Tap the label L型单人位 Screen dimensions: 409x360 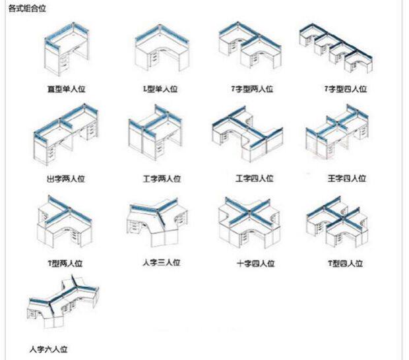click(x=160, y=88)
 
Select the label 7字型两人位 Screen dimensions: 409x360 click(x=252, y=88)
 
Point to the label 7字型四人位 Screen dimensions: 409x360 click(x=345, y=88)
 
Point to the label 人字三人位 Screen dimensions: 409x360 click(x=160, y=262)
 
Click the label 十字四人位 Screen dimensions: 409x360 click(x=255, y=264)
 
